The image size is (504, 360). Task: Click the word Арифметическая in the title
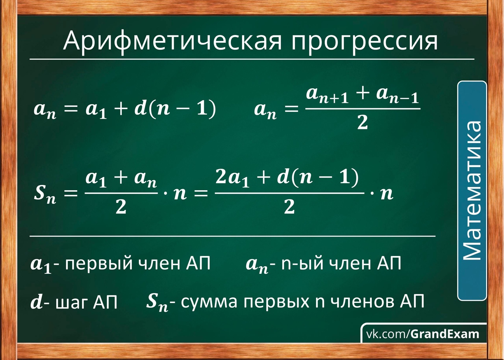[x=172, y=42]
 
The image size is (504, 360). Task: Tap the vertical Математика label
[x=472, y=191]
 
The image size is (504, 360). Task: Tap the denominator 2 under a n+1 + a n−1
[x=363, y=122]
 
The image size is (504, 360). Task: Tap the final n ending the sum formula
[x=387, y=193]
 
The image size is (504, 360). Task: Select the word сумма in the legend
[x=209, y=302]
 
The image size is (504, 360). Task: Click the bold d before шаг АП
[x=36, y=302]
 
